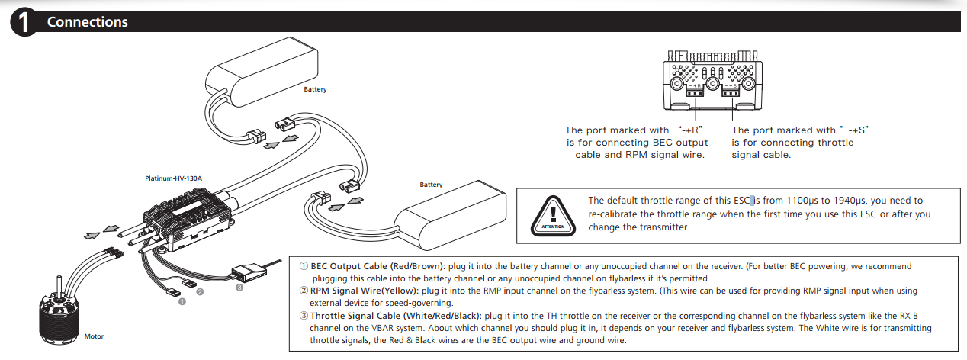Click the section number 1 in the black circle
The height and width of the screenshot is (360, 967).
[24, 23]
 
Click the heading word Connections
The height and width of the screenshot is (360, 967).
[87, 22]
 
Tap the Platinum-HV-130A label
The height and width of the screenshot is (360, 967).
[173, 178]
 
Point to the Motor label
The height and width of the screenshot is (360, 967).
[94, 336]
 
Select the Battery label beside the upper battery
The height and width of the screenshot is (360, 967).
[315, 89]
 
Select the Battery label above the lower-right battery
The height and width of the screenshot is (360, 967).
[431, 185]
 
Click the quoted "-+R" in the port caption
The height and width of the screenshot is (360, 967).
[689, 130]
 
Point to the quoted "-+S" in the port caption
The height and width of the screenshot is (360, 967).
[855, 130]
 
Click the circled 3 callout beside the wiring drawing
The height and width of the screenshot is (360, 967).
[239, 288]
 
